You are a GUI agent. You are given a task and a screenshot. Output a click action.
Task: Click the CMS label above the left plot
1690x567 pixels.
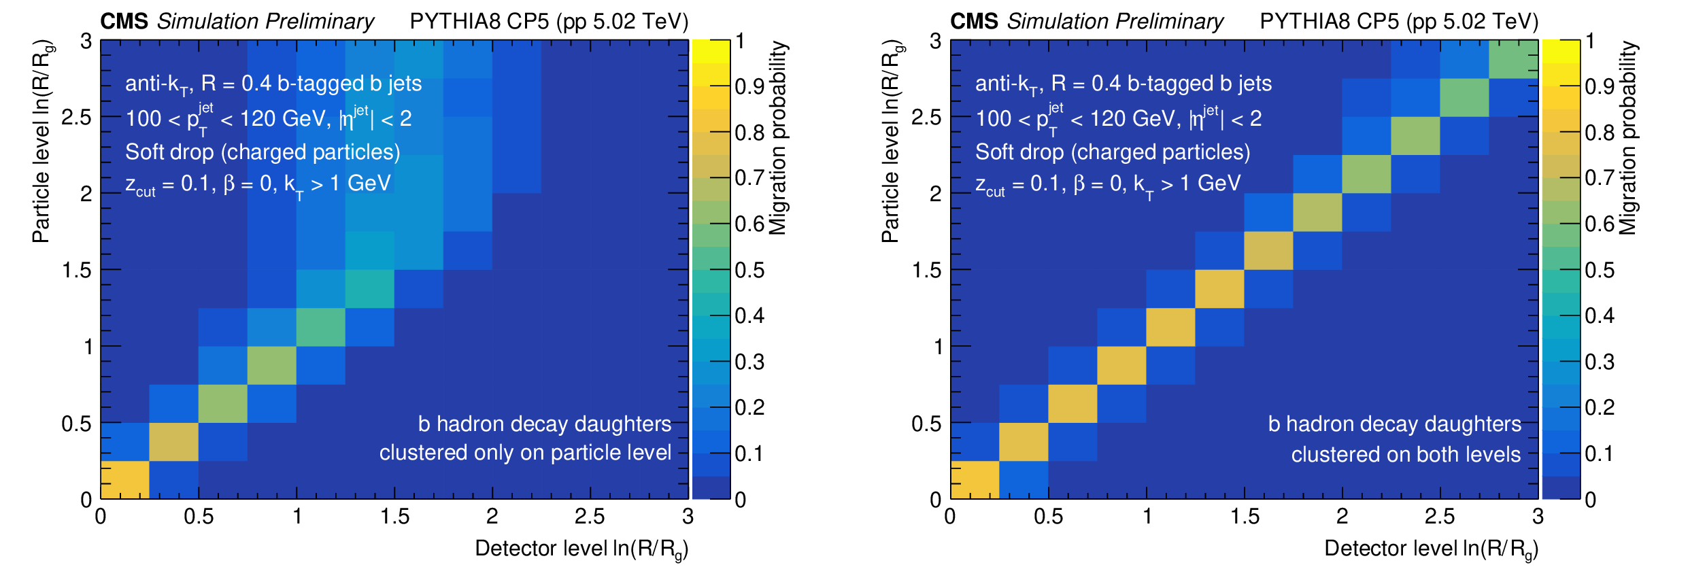coord(124,21)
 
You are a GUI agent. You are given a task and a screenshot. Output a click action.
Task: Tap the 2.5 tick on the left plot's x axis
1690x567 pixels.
coord(589,517)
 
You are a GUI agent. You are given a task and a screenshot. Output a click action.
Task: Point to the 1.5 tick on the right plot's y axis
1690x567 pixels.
coord(926,270)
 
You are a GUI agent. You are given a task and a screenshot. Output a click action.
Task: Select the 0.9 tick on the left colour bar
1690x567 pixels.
coord(749,86)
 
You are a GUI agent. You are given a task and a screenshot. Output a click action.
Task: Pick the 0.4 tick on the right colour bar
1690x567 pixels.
coord(1599,315)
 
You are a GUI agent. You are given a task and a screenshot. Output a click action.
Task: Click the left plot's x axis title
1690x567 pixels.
coord(581,549)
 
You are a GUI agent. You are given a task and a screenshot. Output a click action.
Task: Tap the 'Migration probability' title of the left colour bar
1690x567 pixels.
coord(778,138)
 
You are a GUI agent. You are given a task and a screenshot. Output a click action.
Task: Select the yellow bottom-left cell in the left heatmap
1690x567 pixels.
coord(124,480)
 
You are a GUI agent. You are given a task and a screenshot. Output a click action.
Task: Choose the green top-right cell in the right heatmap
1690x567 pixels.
coord(1513,59)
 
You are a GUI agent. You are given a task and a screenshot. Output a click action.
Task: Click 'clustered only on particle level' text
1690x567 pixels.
coord(525,453)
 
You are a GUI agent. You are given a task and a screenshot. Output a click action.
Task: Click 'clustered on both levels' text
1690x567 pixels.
coord(1406,454)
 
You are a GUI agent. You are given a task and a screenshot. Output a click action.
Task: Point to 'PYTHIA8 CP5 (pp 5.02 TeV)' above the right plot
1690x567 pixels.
coord(1398,21)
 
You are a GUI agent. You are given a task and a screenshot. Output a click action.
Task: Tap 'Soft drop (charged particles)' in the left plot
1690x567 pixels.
coord(263,152)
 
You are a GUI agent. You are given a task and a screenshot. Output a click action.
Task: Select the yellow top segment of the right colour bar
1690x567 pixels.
coord(1561,51)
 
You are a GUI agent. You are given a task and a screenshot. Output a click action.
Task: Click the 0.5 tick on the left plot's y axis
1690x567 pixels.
coord(76,424)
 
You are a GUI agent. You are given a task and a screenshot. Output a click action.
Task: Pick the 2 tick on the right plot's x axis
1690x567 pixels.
coord(1342,517)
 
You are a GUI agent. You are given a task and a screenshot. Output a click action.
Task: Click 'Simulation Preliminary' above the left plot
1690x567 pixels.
coord(265,21)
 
